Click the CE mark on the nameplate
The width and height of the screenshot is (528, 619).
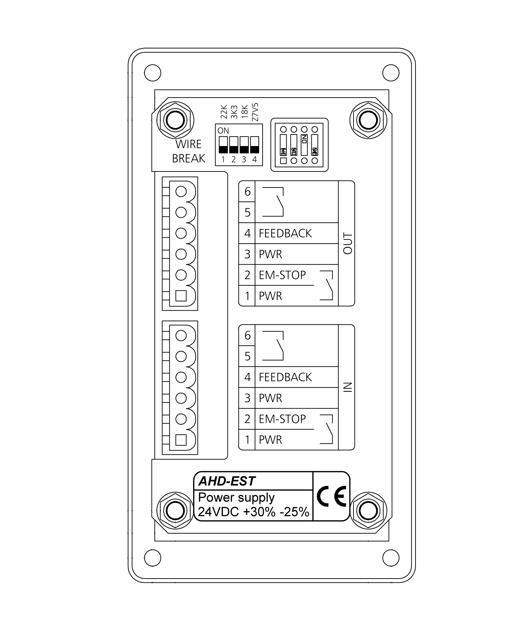click(331, 496)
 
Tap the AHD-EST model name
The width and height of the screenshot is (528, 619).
click(227, 481)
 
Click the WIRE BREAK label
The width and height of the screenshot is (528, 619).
click(188, 151)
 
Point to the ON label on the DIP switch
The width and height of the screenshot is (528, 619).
click(223, 131)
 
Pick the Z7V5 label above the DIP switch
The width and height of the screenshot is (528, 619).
click(255, 112)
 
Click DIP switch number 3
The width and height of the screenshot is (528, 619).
click(244, 145)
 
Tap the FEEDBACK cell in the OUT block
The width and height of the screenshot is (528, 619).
click(285, 233)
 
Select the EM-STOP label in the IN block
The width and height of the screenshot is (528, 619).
click(282, 419)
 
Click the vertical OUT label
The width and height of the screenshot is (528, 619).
click(348, 243)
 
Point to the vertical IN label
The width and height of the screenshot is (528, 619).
click(348, 387)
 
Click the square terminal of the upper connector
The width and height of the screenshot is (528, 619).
click(181, 296)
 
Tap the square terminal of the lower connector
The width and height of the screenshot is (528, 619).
click(181, 440)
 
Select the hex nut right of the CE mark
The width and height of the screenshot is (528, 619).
click(368, 511)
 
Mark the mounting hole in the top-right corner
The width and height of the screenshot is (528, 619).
click(391, 73)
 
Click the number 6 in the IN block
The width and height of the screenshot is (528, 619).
click(247, 335)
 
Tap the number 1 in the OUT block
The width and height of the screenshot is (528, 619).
click(247, 296)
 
